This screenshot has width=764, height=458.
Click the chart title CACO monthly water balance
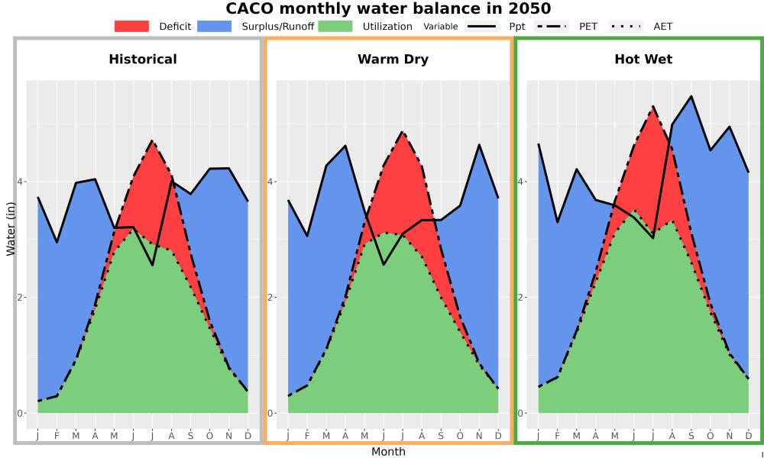388,8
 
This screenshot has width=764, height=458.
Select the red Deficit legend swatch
131,26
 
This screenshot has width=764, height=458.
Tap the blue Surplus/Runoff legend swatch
215,26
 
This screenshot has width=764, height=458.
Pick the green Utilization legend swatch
335,26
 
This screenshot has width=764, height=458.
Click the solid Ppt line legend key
481,26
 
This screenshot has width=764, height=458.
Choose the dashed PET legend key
551,26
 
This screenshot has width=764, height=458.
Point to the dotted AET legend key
626,26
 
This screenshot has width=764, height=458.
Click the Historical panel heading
143,60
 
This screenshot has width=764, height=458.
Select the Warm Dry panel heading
393,60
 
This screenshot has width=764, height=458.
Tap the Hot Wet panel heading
643,60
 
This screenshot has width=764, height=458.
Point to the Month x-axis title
388,452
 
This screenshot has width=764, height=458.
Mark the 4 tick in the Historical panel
21,182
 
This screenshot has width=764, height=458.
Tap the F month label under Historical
57,436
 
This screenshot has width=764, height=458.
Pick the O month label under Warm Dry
460,436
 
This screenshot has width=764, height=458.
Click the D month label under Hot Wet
749,436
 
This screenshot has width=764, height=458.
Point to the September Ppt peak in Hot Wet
691,96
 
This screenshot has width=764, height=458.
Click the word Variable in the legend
441,26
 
